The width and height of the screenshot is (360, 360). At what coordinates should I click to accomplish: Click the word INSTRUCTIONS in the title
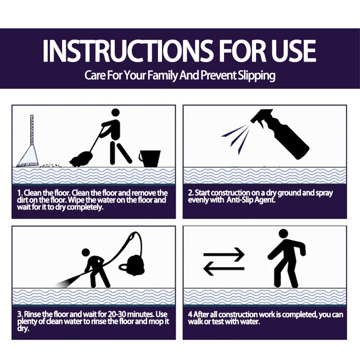128,51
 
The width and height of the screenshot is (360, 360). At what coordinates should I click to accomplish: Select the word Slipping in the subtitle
256,76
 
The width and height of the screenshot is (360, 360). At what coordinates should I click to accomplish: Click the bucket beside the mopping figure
150,158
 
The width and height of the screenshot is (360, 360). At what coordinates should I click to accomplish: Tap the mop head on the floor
81,159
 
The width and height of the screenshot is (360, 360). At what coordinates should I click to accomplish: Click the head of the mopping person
116,113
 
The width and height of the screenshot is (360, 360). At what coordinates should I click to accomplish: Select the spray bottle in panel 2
280,134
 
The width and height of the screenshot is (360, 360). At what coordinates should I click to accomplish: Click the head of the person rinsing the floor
86,252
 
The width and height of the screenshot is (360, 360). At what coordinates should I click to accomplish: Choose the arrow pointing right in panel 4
224,254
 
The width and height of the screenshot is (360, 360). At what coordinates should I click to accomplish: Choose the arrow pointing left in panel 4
224,268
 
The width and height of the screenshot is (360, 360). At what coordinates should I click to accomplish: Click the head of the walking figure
283,234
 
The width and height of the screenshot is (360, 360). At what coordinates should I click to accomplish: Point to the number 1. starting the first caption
20,193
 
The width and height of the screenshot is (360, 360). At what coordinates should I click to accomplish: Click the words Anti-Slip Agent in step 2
251,200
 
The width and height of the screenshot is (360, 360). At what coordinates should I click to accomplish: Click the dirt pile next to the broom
50,165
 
